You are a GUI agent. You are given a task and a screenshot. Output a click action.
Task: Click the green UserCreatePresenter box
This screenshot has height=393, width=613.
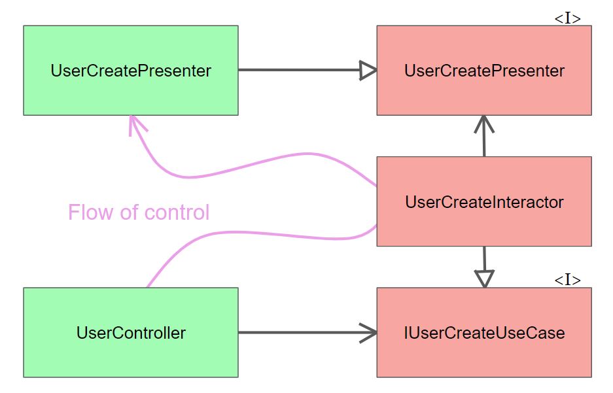click(131, 71)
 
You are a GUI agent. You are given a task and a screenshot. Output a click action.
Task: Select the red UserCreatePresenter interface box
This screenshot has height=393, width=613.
click(484, 71)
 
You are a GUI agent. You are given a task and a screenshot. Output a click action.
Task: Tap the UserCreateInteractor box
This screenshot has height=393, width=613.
click(484, 201)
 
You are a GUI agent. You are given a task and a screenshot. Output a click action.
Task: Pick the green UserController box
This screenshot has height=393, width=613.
click(131, 333)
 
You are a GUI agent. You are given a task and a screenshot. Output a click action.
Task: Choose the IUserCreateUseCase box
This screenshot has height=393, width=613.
click(484, 333)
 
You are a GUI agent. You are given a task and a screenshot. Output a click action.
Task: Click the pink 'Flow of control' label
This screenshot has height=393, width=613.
click(139, 213)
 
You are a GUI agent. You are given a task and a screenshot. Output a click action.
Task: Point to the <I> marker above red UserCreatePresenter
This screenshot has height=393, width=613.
click(567, 18)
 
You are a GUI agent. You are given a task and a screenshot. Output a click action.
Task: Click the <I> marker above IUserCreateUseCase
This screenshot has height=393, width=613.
click(567, 280)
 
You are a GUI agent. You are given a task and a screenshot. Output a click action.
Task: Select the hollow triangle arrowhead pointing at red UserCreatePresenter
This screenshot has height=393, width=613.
click(369, 71)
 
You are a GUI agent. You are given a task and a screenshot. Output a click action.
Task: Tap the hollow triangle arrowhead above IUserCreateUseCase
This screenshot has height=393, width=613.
click(483, 279)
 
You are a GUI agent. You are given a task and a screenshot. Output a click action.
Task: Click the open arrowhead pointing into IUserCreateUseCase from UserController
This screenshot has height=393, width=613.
click(370, 333)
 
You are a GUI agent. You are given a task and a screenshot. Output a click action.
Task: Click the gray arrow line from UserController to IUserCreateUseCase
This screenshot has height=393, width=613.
click(301, 333)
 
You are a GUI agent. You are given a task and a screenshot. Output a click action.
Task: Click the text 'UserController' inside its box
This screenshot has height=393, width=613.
click(131, 333)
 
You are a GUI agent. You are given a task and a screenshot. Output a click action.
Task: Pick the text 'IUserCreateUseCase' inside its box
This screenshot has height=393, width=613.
click(484, 333)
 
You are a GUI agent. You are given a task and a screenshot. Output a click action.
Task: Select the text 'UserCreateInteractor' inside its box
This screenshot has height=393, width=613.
click(484, 202)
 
